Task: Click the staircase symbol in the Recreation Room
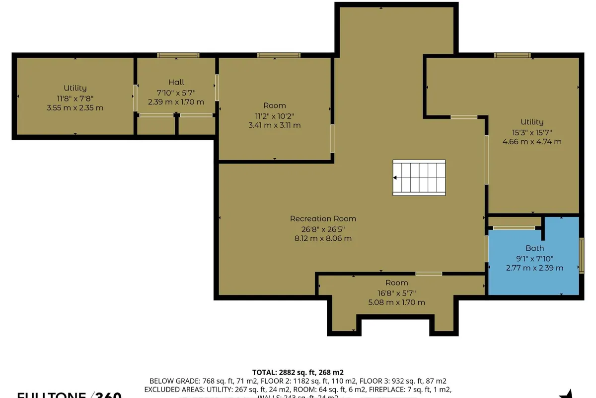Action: click(419, 177)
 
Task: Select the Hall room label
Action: click(176, 82)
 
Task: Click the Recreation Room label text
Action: click(323, 218)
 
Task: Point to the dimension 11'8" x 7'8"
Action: click(75, 98)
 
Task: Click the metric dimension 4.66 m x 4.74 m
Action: click(532, 141)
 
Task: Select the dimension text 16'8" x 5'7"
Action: click(396, 293)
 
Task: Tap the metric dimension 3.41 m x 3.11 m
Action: click(274, 125)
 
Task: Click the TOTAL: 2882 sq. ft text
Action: click(298, 372)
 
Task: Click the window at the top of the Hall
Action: click(178, 55)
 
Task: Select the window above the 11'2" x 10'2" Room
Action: click(278, 55)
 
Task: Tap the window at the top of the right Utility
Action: click(512, 55)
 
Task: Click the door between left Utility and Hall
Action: click(135, 98)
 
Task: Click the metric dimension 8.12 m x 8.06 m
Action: click(323, 238)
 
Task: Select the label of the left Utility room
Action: click(75, 88)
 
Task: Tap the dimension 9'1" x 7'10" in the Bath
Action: click(534, 258)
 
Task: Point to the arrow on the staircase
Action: click(395, 177)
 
